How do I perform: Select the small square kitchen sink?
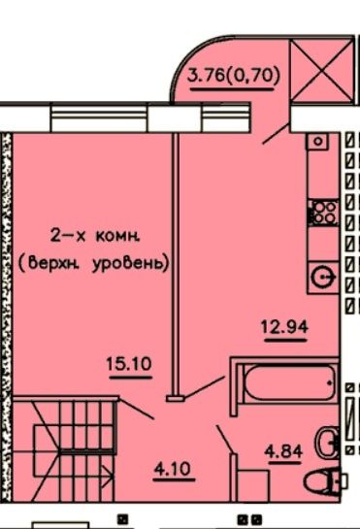click(318, 142)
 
